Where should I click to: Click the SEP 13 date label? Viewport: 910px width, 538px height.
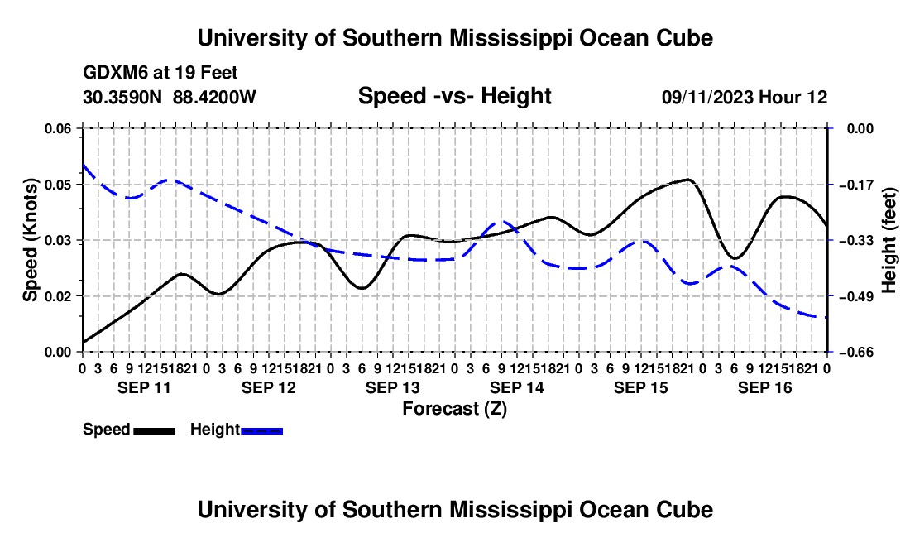point(392,387)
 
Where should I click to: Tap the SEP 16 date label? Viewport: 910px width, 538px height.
point(764,387)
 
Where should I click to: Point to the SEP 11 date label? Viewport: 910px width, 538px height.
point(144,387)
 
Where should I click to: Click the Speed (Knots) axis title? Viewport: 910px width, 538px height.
point(30,240)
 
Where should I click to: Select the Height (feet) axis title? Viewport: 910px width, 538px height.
point(889,240)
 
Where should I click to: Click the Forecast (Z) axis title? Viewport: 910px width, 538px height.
point(454,409)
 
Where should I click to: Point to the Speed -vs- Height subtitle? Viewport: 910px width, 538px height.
point(454,96)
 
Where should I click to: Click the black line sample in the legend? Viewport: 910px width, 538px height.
point(155,431)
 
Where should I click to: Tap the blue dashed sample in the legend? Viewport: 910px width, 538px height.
point(261,431)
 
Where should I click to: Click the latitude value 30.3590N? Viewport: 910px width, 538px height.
point(122,97)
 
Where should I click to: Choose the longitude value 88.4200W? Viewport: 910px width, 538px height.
point(214,97)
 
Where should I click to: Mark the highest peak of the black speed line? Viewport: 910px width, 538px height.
point(688,180)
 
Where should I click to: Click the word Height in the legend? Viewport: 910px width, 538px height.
point(215,430)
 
